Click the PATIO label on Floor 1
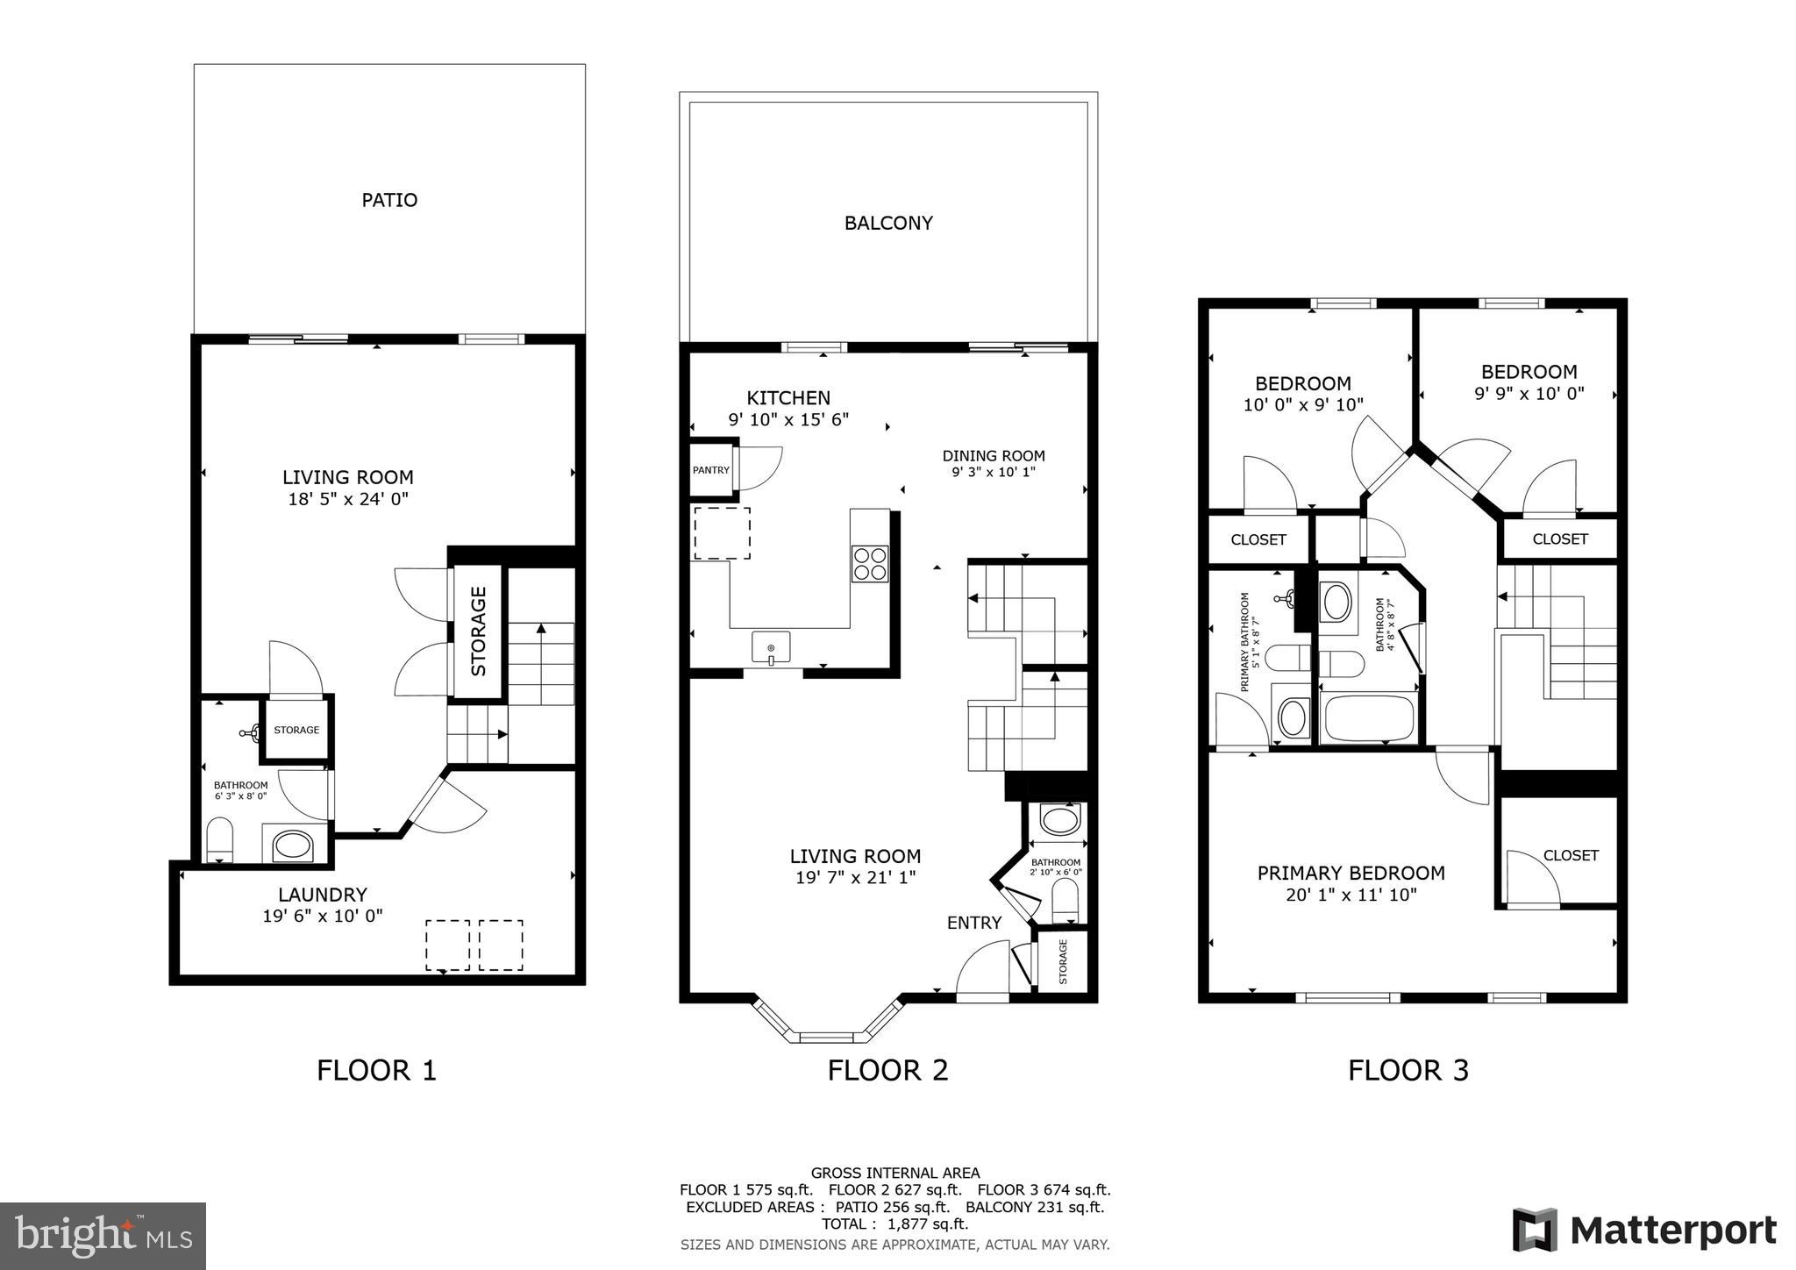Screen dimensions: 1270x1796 tap(389, 200)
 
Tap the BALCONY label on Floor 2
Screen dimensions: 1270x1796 tap(887, 223)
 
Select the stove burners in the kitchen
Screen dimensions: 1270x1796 tap(869, 563)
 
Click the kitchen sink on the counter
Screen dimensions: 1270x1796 tap(771, 647)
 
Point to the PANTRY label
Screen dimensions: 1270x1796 tap(710, 470)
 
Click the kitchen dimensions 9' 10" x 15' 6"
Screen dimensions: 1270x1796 tap(788, 420)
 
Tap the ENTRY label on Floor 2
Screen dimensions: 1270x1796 tap(973, 923)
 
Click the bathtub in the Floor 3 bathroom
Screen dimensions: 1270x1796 tap(1368, 719)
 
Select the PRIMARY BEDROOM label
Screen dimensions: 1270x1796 tap(1351, 873)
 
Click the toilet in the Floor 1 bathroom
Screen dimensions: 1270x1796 tap(219, 839)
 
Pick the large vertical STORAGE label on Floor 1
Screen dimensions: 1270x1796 tap(479, 631)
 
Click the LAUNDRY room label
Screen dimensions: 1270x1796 tap(323, 895)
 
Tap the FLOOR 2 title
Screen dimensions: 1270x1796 tap(887, 1070)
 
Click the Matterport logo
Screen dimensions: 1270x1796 tap(1643, 1231)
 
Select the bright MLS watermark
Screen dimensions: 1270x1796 tap(103, 1237)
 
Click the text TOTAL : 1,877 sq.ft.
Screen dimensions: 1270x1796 tap(894, 1224)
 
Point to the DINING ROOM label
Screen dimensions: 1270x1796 tap(993, 456)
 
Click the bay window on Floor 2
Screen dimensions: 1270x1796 tap(827, 1036)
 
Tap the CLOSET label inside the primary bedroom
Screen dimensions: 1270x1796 tap(1571, 855)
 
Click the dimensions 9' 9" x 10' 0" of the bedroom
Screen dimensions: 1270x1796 tap(1529, 394)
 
